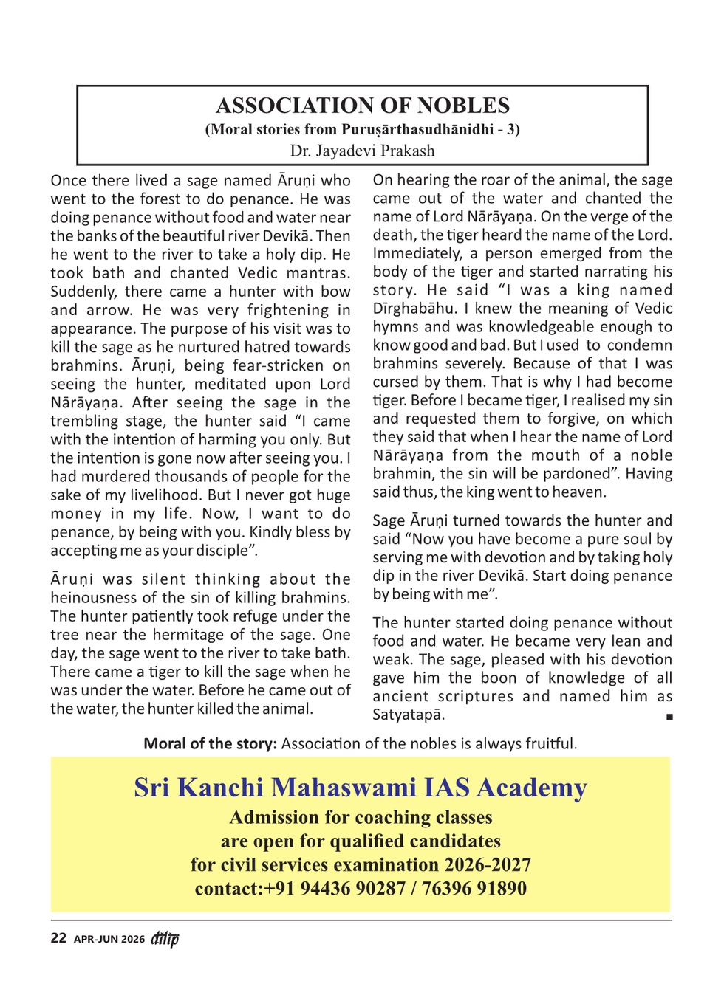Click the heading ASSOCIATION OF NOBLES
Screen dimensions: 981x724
(x=362, y=106)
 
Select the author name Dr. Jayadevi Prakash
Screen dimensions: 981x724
(x=362, y=151)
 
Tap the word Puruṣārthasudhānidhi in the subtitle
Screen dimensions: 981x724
(x=417, y=129)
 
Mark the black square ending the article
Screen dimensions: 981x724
(x=669, y=717)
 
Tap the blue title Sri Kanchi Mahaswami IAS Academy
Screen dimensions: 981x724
(x=361, y=788)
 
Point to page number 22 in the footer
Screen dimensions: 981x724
(x=58, y=938)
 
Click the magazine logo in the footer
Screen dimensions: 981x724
(x=165, y=938)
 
